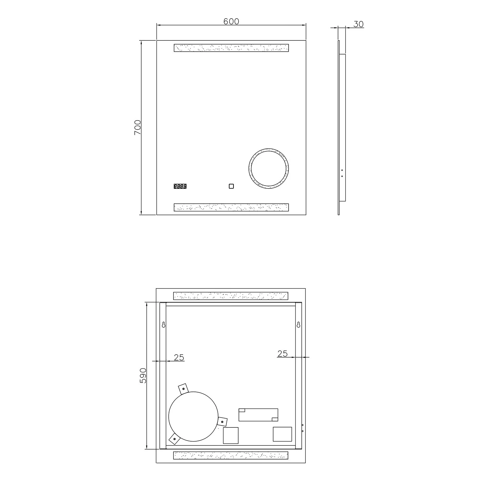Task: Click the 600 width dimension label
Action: pos(231,21)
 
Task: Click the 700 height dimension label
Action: pos(137,127)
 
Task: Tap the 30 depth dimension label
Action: pos(359,24)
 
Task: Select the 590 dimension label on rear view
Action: pos(143,376)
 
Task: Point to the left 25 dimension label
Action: pos(179,357)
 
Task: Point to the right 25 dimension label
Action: pos(282,353)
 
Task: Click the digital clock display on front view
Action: pos(180,186)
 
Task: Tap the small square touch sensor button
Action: pos(231,186)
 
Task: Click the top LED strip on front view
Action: pos(231,48)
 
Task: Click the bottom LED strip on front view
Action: pos(231,207)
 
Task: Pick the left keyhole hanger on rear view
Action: pos(164,325)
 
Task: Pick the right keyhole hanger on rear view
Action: pos(299,325)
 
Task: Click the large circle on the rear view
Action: pos(193,416)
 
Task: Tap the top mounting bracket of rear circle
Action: pos(183,388)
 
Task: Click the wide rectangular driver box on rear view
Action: pos(258,415)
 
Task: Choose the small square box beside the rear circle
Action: pos(231,435)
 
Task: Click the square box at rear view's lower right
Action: pos(282,434)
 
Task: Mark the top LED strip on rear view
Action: pos(231,296)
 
